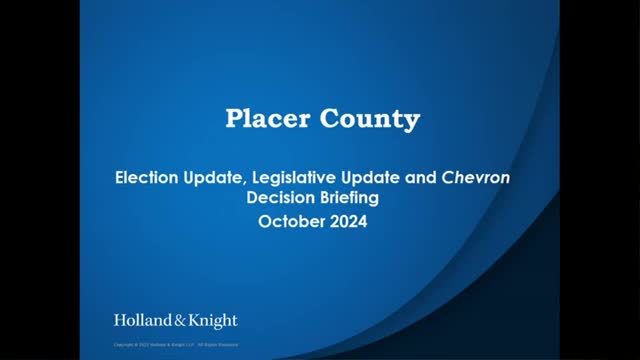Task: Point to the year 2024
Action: [350, 220]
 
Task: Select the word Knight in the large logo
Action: [211, 322]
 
